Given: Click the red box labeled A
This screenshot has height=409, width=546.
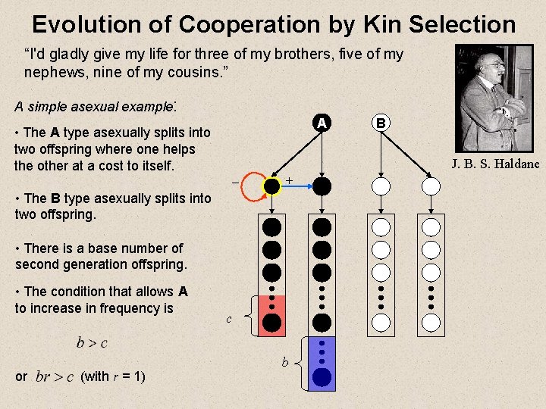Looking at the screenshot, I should [322, 123].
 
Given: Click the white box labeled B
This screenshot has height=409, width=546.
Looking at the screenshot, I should [381, 123].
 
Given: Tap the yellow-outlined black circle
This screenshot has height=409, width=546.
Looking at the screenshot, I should [271, 185].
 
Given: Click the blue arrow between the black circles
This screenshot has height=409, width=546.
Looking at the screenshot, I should [297, 184].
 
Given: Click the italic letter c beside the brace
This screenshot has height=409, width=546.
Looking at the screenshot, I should [228, 320].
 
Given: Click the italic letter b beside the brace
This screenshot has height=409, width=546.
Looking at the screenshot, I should [285, 364].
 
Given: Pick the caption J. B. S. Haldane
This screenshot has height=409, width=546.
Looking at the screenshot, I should [495, 164].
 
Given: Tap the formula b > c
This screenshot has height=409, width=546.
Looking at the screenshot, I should [92, 343].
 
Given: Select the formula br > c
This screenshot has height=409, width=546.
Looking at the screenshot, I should [55, 376].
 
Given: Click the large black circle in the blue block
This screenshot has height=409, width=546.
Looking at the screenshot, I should [322, 377].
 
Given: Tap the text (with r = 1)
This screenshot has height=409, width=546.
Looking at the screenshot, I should [113, 376].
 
